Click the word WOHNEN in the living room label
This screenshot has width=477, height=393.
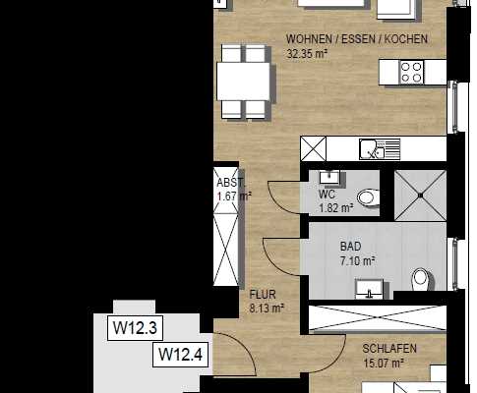tap(306, 39)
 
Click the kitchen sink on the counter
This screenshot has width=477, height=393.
tap(374, 148)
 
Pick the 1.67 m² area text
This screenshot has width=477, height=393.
tap(234, 196)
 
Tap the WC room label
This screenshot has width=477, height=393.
tap(327, 195)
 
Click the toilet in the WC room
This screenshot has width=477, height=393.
tap(368, 197)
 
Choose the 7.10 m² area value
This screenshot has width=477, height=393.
tap(357, 261)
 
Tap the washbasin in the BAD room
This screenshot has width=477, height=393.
tap(371, 288)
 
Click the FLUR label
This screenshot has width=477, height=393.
tap(263, 293)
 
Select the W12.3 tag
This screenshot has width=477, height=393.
tap(136, 327)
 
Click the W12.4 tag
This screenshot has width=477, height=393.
tap(180, 354)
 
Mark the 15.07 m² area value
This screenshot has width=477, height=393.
tap(384, 364)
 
